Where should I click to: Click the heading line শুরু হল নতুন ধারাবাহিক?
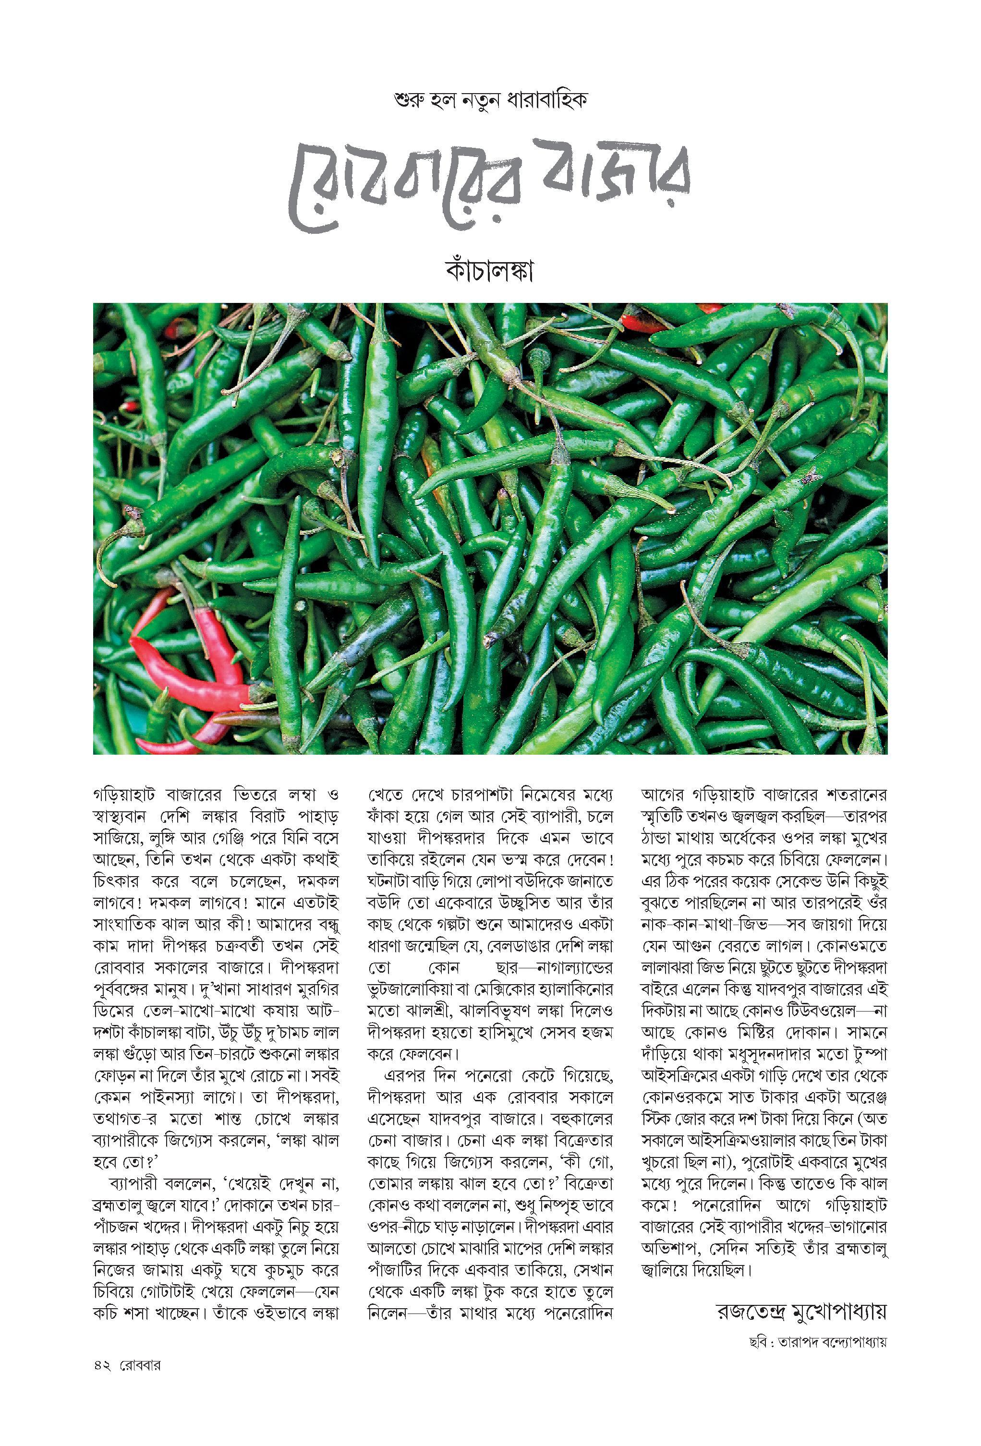491,101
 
